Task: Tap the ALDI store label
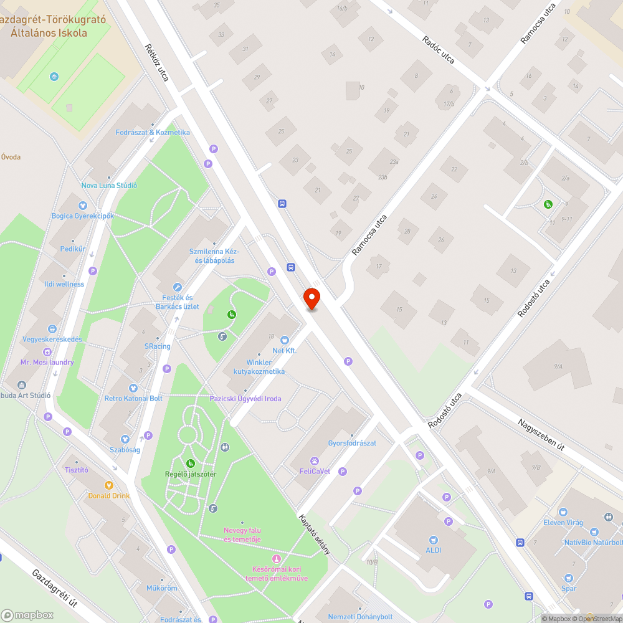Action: (x=434, y=550)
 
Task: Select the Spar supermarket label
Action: (x=568, y=588)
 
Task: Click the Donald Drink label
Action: (x=108, y=495)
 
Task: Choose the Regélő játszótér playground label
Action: (x=190, y=473)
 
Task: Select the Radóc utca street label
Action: (x=438, y=49)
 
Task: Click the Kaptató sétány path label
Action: (x=313, y=535)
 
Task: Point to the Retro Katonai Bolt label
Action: (x=133, y=398)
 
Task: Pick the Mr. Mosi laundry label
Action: (x=47, y=362)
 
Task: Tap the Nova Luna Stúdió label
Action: (x=109, y=186)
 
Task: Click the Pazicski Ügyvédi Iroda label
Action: (x=245, y=399)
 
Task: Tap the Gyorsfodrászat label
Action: (x=353, y=443)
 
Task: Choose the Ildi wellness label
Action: (x=64, y=284)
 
